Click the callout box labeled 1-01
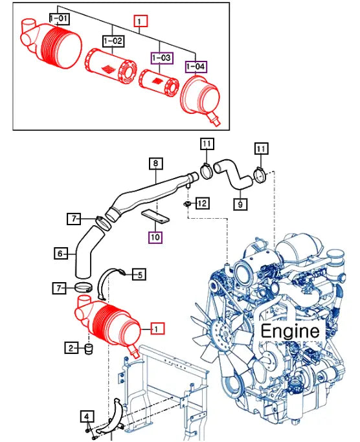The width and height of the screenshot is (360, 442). coord(60,19)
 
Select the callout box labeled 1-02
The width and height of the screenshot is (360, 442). coord(113,41)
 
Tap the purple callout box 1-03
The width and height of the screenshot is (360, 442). coord(162,58)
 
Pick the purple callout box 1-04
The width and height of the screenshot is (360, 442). coord(196,67)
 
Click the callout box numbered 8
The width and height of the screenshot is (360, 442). coord(156,164)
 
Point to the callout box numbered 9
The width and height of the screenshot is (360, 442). coord(240,204)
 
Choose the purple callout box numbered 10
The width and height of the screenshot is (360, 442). coord(155,237)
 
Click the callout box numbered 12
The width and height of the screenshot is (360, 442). coord(202,203)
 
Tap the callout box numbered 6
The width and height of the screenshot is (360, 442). coord(61,254)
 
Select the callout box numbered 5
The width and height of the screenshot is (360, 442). coord(139,274)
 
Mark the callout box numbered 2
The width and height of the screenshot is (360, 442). coord(71,348)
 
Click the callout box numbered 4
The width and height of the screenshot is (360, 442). coord(87,417)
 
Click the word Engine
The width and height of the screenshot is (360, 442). coord(290,331)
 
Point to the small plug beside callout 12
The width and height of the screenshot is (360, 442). coord(187,204)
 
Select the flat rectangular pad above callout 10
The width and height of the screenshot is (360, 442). coord(156,216)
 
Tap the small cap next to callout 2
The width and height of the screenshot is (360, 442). coord(89,349)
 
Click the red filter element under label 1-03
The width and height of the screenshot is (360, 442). coord(159,82)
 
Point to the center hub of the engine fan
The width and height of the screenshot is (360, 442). coord(225,333)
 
